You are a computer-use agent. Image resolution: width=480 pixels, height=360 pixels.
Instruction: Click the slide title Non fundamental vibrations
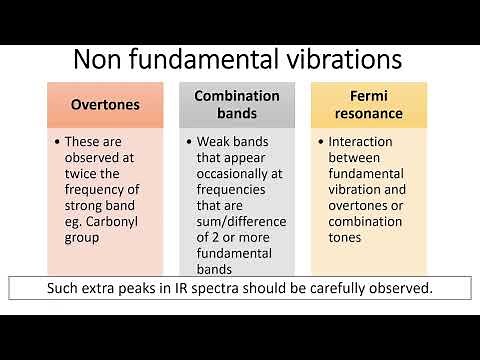coord(239,59)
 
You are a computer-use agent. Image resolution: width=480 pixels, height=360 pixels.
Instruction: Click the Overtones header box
coord(104,104)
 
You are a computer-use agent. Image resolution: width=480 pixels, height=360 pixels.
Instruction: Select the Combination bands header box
coord(236,104)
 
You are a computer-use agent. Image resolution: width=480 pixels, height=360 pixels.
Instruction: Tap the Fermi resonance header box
coord(370,104)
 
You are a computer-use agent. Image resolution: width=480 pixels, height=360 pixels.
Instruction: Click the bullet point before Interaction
coord(320,142)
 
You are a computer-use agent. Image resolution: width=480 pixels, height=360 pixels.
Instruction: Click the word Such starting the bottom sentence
coord(65,289)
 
